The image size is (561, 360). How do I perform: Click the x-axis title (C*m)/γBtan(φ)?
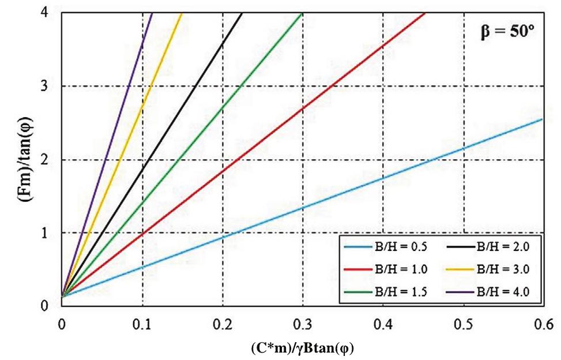tap(302, 350)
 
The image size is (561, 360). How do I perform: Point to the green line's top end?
tap(302, 13)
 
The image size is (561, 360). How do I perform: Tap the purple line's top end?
tap(152, 13)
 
